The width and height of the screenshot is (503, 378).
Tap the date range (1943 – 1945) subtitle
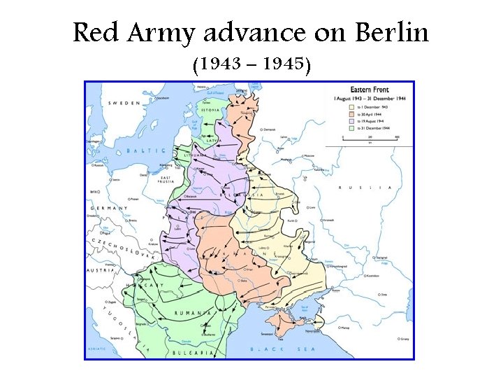coord(251,65)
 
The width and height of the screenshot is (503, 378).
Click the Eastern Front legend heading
coord(370,90)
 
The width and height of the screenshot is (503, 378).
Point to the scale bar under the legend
coord(370,139)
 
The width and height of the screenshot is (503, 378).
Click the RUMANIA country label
coord(195,313)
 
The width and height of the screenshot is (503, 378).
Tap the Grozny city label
coord(403,339)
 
